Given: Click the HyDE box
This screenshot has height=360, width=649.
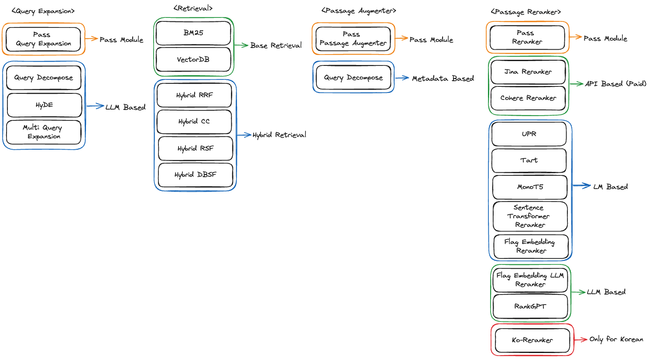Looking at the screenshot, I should pos(44,105).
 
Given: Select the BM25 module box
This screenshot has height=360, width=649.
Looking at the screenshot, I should pos(193,33).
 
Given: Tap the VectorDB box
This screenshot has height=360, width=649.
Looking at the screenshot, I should pos(193,59).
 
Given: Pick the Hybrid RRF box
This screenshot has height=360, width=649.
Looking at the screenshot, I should pos(194,95).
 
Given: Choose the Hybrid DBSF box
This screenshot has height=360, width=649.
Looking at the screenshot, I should pos(195,175).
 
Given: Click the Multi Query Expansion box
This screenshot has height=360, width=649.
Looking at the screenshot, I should pos(44,132).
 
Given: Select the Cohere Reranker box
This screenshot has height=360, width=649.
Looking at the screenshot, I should pos(528,98).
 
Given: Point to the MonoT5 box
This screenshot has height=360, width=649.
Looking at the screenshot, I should pos(530,187).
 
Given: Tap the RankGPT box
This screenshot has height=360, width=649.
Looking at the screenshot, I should pos(530,306).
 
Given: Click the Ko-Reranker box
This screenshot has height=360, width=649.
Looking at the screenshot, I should pos(532,340).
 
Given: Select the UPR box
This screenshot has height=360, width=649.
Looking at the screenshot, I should pos(529,134).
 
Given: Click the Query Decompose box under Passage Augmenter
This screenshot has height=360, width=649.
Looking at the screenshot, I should pos(353,78).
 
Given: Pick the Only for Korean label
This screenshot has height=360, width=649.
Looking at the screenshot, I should pos(616,339).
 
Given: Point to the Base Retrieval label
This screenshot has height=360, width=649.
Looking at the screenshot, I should pos(276,45).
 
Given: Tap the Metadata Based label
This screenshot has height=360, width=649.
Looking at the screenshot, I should pos(443,79).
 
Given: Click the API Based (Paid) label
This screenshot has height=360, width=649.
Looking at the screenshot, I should pos(615,84).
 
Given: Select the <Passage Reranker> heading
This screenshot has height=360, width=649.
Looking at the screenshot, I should pos(525,12).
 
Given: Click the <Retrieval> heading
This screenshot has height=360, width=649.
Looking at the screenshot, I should pos(193,8).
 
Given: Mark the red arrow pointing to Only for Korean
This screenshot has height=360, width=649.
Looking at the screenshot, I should pos(580,339).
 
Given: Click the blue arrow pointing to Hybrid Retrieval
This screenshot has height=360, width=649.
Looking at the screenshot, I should pos(244,135).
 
